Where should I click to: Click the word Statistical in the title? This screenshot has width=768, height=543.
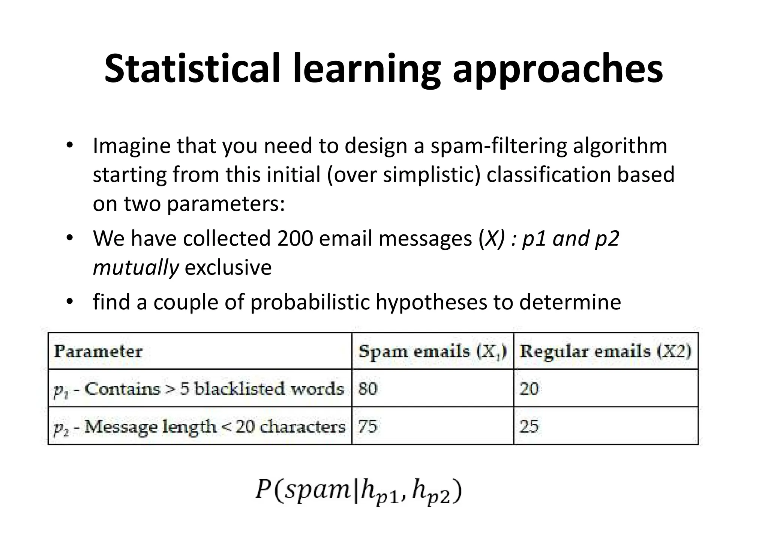pos(192,69)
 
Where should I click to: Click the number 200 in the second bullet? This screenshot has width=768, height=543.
pos(295,238)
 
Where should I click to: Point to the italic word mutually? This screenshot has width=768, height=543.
pos(136,268)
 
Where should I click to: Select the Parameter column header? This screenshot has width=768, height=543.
pos(98,351)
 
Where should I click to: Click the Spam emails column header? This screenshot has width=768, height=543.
pos(432,351)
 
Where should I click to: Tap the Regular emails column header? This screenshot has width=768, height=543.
pos(605,351)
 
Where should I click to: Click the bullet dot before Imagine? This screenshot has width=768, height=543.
pos(69,145)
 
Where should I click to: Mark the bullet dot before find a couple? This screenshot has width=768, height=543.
pos(69,302)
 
